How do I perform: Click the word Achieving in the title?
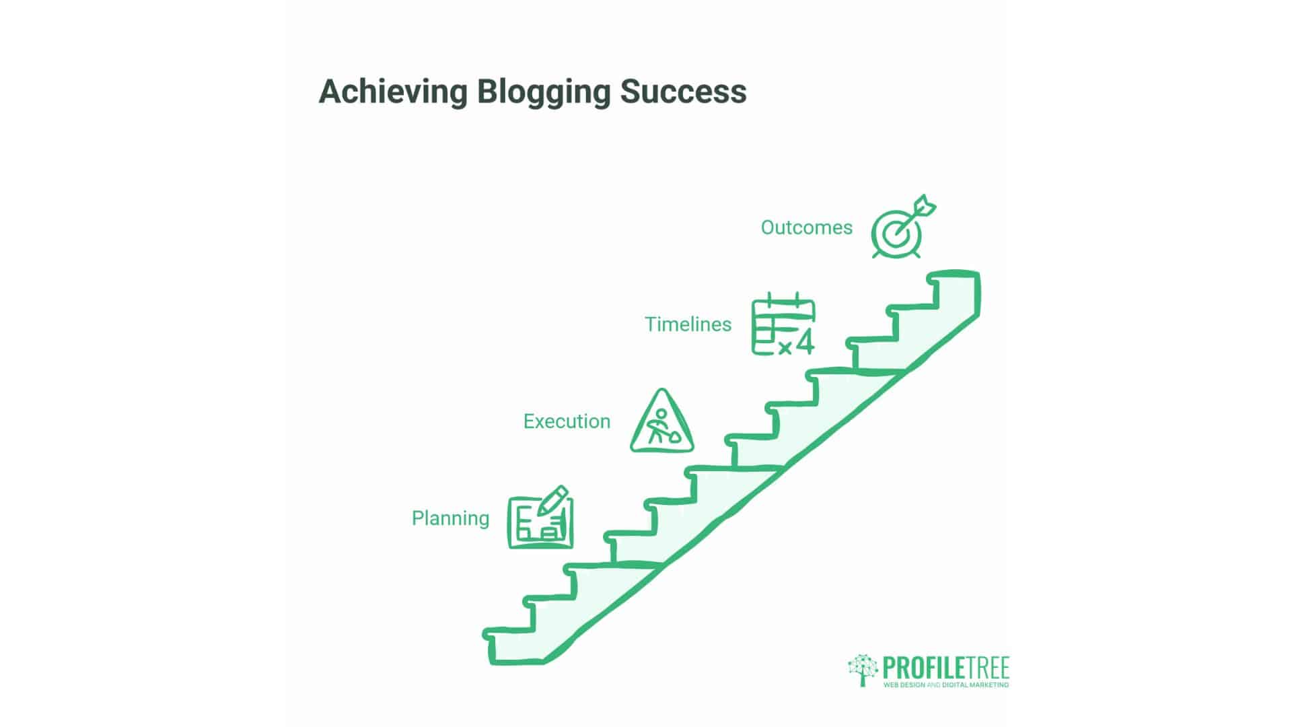pos(392,92)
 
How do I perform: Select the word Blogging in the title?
pos(543,93)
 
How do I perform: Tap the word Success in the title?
pos(683,92)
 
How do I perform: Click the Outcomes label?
pos(806,228)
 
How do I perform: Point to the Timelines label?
pos(688,324)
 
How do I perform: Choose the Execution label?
pos(567,421)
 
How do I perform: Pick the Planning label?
pos(450,518)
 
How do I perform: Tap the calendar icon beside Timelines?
pos(783,324)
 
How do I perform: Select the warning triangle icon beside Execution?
pos(661,423)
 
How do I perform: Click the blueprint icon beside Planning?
pos(540,518)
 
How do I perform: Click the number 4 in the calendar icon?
pos(804,342)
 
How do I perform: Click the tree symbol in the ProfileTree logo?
pos(863,669)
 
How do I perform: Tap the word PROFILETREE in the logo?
pos(945,668)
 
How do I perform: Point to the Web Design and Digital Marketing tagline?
pos(945,685)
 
